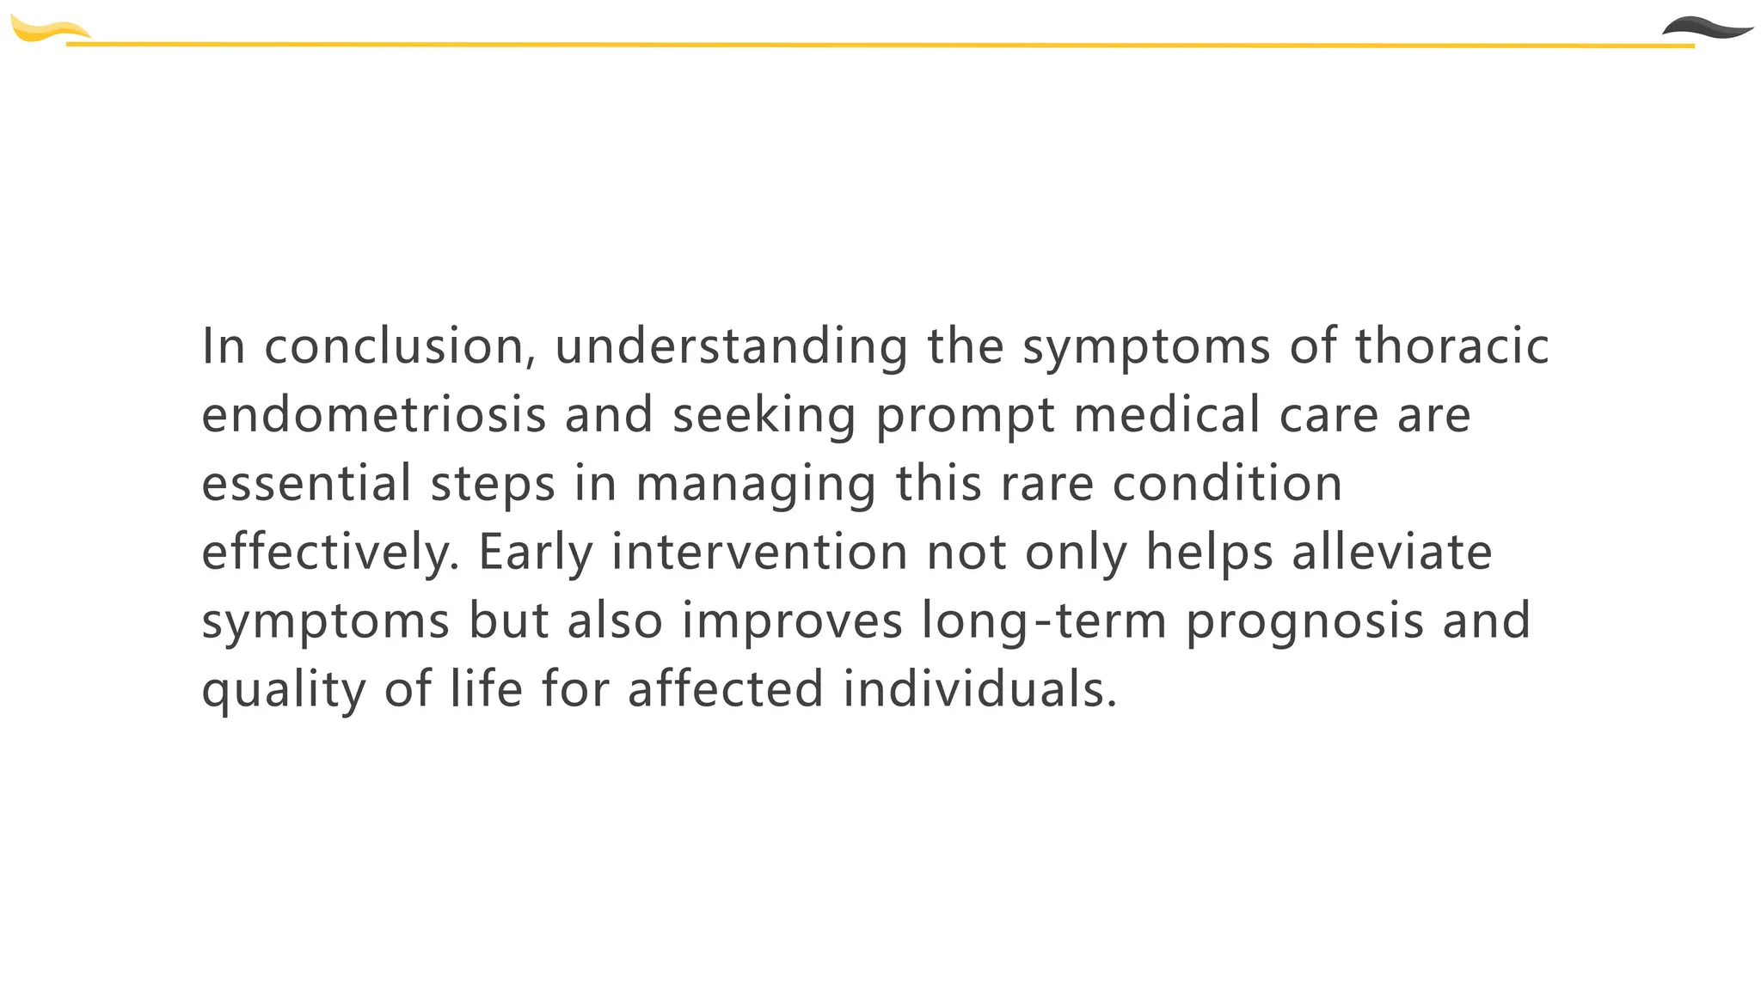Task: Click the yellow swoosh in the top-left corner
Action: (x=47, y=31)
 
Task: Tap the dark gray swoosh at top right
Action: (x=1707, y=28)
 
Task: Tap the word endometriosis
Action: (x=374, y=415)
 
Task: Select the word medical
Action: (x=1167, y=415)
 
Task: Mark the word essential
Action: (x=306, y=483)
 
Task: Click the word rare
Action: (x=1046, y=485)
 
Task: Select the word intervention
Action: (x=759, y=553)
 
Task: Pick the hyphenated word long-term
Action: (x=1044, y=621)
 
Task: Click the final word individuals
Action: (x=979, y=690)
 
